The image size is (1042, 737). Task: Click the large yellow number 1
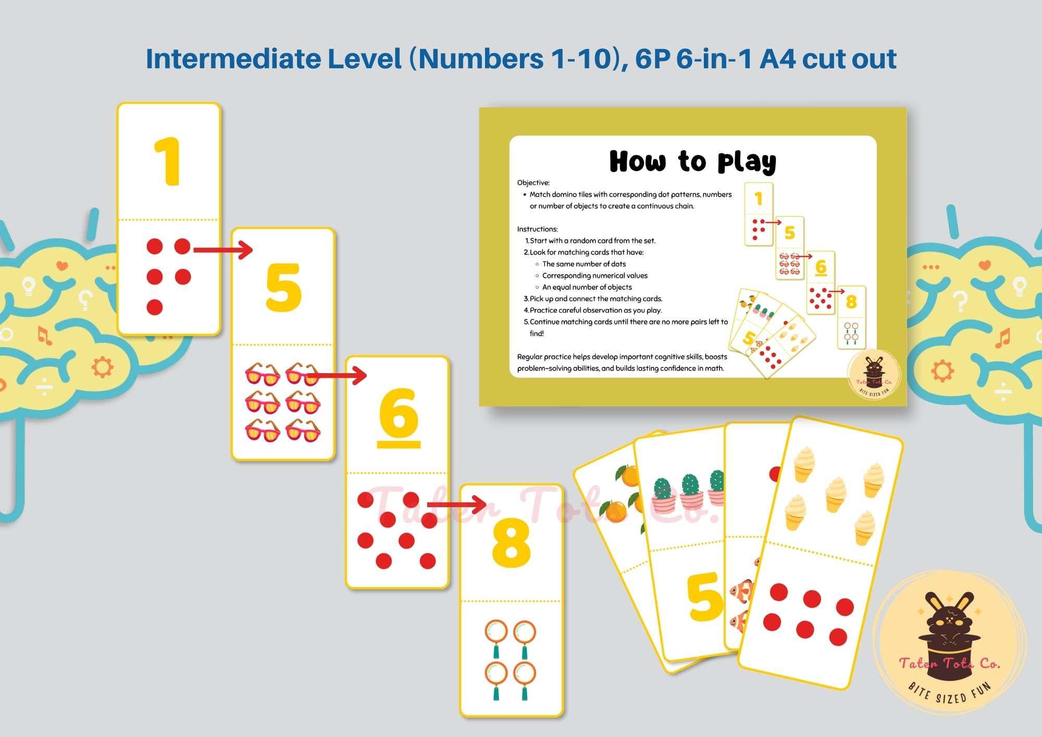click(x=168, y=162)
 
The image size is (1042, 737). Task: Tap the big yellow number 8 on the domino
click(x=511, y=543)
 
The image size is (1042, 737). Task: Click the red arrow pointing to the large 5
click(x=223, y=250)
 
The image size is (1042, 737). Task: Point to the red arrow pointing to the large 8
click(x=457, y=504)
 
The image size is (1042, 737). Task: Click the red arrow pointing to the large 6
click(x=337, y=375)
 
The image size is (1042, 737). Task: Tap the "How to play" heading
click(x=693, y=161)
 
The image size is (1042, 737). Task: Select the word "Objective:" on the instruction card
click(x=533, y=182)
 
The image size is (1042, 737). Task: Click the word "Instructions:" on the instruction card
click(x=537, y=229)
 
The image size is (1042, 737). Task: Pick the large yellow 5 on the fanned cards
click(x=705, y=597)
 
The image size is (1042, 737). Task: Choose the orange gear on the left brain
click(x=102, y=367)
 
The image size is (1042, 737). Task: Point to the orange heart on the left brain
click(x=62, y=266)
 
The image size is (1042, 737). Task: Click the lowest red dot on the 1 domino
click(x=155, y=307)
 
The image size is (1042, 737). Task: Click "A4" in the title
click(x=777, y=58)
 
